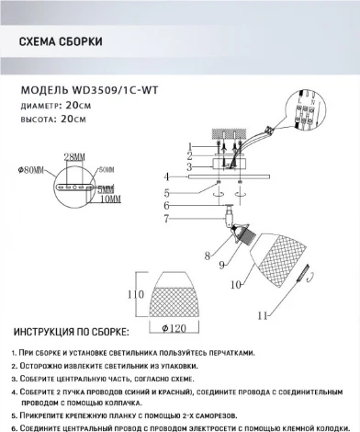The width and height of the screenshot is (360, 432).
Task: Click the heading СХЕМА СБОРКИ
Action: pos(61,42)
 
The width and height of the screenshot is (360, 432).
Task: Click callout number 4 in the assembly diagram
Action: pos(167,176)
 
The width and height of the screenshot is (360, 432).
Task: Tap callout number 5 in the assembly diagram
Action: pos(167,193)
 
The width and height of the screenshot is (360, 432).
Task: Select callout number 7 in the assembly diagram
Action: pos(167,220)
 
